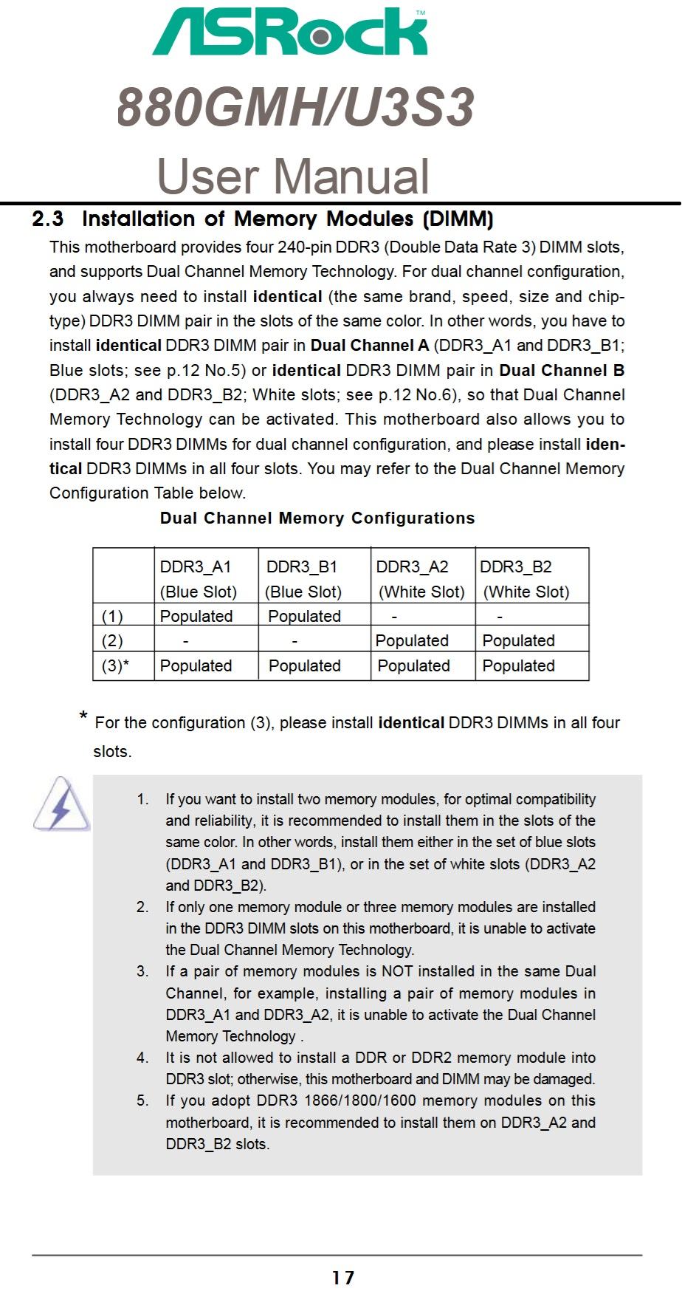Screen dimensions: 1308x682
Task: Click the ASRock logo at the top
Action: (x=290, y=32)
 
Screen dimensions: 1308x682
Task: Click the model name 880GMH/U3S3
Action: (x=295, y=107)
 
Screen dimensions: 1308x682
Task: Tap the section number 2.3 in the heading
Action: (x=48, y=219)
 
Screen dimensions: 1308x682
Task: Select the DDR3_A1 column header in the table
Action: (x=196, y=567)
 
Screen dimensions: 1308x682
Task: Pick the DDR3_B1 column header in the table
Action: (x=302, y=567)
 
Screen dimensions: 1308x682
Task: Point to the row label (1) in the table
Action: (x=112, y=616)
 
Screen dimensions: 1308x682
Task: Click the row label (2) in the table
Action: (x=112, y=640)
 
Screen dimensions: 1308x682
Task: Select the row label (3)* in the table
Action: (x=115, y=665)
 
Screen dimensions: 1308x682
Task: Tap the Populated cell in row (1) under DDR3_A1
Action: (x=196, y=616)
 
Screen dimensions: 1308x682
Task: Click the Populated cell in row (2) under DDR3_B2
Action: (x=518, y=640)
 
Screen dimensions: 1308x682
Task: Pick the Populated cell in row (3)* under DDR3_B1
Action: (x=304, y=665)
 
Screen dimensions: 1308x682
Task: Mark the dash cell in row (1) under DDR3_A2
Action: (x=394, y=616)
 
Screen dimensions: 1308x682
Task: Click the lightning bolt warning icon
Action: (x=61, y=805)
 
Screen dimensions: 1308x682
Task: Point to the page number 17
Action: (x=343, y=1278)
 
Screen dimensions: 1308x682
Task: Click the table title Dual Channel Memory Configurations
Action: (x=317, y=518)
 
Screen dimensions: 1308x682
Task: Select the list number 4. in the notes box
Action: (x=142, y=1058)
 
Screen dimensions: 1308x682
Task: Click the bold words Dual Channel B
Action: (x=562, y=370)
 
